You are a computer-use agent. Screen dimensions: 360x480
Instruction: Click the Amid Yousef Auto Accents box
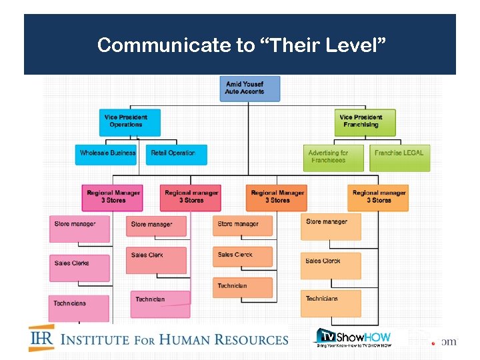click(249, 89)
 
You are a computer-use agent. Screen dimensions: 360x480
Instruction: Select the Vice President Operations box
click(129, 122)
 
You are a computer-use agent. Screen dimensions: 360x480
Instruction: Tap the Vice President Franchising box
click(365, 122)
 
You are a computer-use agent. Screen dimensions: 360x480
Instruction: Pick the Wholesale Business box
click(107, 154)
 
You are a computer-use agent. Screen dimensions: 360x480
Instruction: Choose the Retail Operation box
click(176, 154)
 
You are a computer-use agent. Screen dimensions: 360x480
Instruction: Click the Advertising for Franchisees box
click(333, 157)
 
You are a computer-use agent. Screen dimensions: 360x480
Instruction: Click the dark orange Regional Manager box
click(276, 197)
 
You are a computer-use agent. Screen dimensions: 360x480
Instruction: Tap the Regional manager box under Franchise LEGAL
click(378, 197)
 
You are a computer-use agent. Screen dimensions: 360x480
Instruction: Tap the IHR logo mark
click(41, 338)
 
